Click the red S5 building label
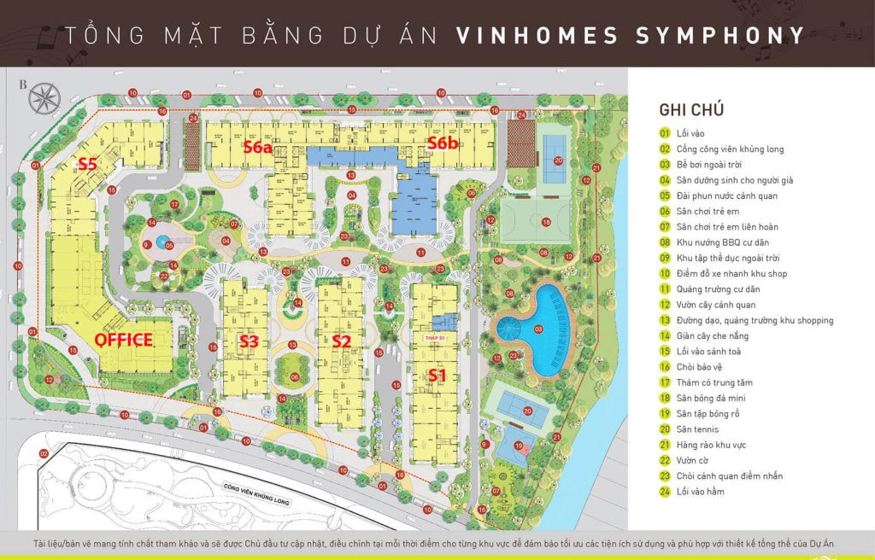(88, 163)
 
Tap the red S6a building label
(256, 146)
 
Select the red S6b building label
(443, 143)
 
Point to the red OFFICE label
(123, 340)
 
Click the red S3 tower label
(249, 341)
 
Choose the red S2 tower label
(342, 341)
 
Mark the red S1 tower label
(437, 375)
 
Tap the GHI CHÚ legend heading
(691, 109)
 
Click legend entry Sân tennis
(695, 429)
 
